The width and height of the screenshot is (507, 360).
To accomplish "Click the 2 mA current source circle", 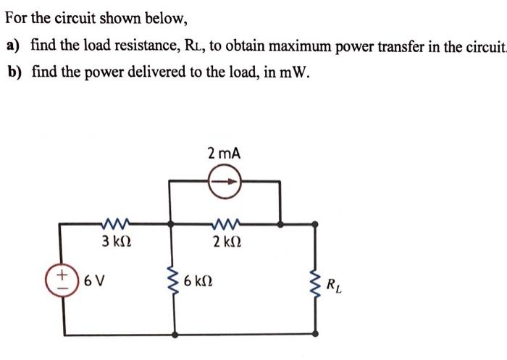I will (224, 183).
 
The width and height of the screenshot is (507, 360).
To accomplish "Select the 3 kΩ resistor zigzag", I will (117, 223).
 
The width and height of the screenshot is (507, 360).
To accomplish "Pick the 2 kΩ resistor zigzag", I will (225, 223).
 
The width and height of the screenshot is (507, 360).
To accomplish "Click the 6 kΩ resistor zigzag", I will (172, 280).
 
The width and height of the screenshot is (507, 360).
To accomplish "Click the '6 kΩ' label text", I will (199, 280).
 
